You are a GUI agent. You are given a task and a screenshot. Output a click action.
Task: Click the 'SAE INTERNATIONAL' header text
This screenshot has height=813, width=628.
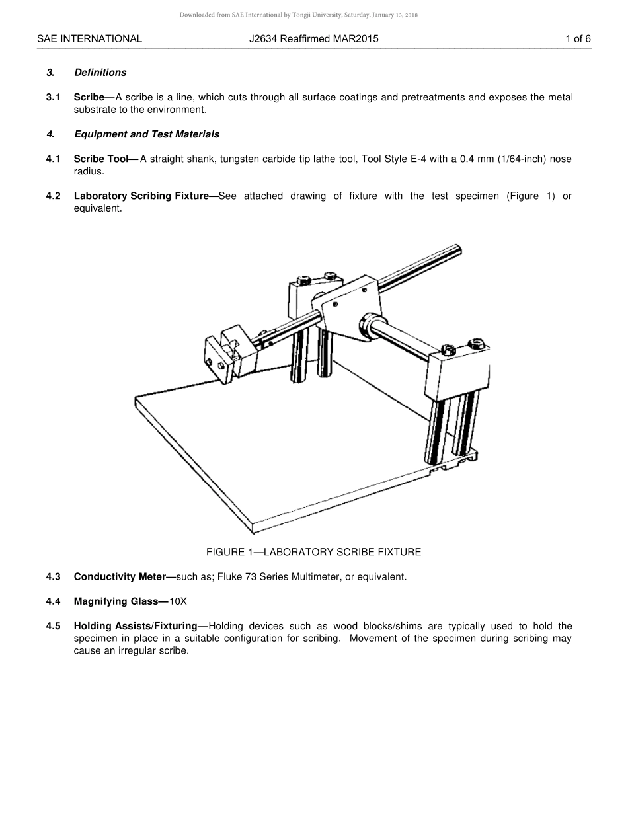89,39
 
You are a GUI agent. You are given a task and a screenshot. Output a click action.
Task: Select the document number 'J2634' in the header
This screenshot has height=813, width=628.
263,39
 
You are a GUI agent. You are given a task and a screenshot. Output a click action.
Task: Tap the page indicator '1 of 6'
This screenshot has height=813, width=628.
578,39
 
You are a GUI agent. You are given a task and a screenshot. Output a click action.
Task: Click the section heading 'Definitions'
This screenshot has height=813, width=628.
100,73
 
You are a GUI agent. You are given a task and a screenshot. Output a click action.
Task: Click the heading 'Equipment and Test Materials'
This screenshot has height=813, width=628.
146,134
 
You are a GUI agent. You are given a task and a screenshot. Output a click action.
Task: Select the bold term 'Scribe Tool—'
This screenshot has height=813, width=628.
106,159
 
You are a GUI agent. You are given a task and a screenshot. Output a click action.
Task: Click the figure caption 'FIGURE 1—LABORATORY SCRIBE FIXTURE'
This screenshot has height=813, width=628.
313,552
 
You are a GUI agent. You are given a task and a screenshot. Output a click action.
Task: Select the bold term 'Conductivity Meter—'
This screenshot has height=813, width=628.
124,577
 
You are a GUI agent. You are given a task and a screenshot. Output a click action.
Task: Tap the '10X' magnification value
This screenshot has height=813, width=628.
178,601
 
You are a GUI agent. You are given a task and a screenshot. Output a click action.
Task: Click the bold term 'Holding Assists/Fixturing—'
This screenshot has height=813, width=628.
141,626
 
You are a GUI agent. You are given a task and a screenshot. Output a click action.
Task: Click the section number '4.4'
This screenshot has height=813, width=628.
53,601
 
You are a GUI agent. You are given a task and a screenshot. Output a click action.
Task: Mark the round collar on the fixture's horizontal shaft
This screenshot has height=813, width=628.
370,325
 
